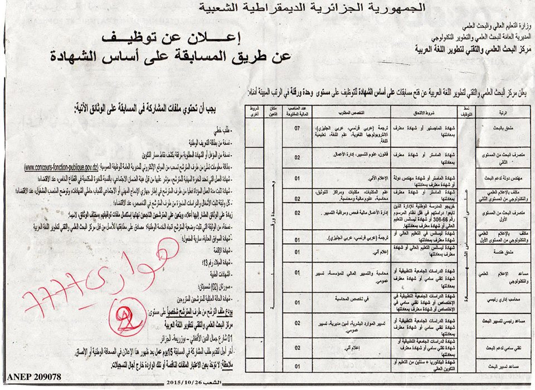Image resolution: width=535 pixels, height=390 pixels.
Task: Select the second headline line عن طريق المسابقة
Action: click(x=173, y=56)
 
